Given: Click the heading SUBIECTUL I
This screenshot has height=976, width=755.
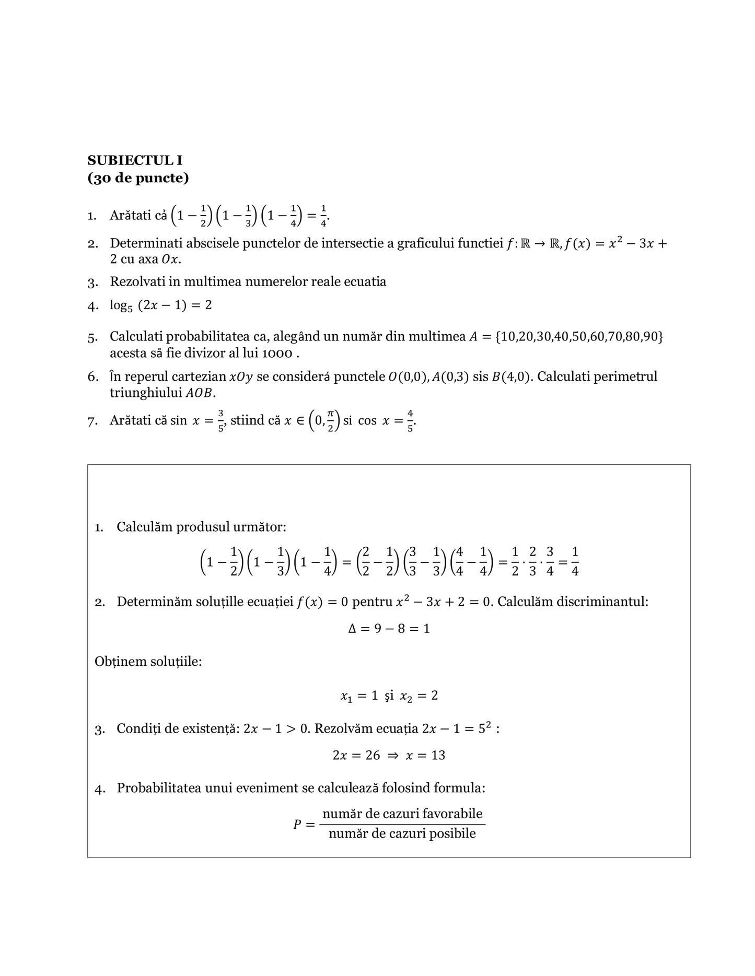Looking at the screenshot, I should pos(135,160).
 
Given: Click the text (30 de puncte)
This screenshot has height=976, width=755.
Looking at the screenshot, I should pos(138,178).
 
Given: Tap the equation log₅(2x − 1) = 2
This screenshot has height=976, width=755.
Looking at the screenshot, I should pos(161,305).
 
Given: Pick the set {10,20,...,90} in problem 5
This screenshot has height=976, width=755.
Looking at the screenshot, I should pos(579,337).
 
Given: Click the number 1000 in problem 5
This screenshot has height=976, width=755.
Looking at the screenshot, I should pos(277,354).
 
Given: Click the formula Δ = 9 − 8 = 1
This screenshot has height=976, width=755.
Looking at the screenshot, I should pos(389,629).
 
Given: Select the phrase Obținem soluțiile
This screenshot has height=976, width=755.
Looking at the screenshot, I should pos(148,662).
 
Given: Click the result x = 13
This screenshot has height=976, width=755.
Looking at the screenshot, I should pos(425,756).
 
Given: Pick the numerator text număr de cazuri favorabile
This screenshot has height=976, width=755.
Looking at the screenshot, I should pos(402,814).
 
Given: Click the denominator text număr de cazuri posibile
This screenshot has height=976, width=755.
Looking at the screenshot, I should pos(402,833).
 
